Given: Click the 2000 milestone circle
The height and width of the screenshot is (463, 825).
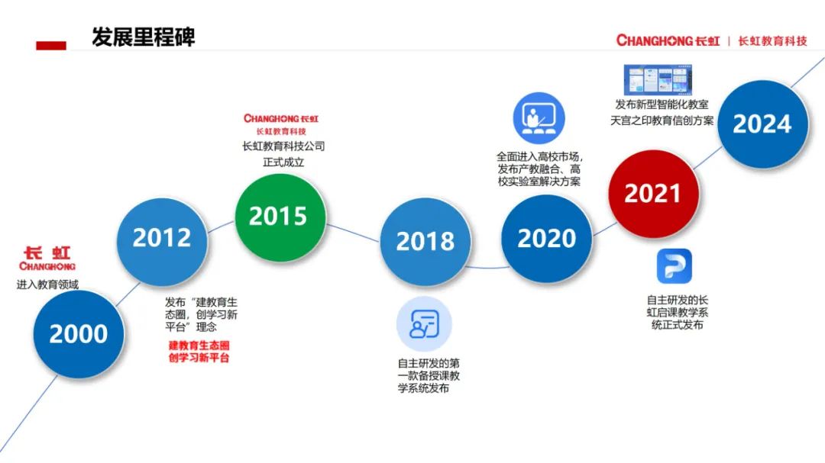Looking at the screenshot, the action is [79, 334].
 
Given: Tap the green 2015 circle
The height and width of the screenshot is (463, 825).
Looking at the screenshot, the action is [280, 217].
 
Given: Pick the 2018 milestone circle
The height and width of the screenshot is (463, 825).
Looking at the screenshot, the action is [425, 242].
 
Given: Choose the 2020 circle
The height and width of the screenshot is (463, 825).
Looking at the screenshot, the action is [546, 238].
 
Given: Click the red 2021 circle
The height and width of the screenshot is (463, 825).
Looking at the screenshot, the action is [653, 194].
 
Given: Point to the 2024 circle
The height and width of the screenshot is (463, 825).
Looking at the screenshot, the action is [762, 124].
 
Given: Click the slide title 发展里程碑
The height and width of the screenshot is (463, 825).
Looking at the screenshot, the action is [143, 37].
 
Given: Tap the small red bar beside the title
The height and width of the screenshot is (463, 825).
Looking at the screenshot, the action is [51, 46].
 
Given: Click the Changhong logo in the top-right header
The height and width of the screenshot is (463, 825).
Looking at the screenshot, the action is [711, 41].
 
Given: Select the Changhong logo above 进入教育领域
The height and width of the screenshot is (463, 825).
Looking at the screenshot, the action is [47, 259].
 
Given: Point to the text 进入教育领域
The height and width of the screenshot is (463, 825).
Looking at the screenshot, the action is [47, 285].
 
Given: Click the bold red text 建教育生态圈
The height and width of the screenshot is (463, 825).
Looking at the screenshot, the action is [199, 346].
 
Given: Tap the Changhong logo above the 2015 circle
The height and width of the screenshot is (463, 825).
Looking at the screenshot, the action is [281, 124].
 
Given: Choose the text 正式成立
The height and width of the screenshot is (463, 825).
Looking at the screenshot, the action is [283, 162].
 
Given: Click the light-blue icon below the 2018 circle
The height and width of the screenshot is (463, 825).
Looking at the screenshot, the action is [424, 323].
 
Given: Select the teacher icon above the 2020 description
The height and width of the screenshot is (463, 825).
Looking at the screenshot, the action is [539, 118].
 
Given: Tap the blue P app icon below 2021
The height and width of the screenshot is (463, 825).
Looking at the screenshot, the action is [674, 266].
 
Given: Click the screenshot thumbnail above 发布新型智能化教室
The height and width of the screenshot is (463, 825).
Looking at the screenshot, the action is [658, 80].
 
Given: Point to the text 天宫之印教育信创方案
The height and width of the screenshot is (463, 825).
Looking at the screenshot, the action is [662, 121].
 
